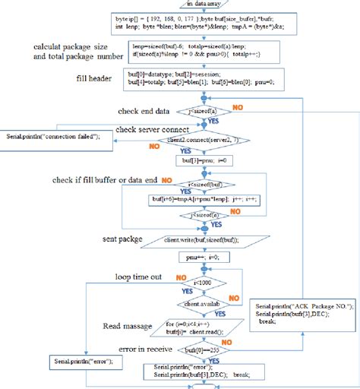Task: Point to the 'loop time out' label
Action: (x=137, y=277)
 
